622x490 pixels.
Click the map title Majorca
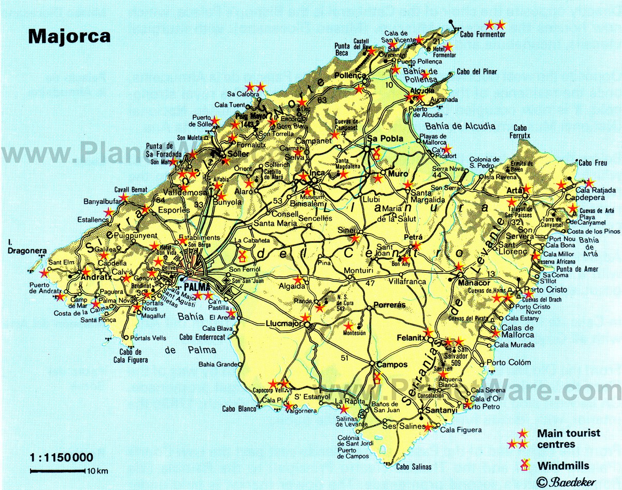pyautogui.click(x=69, y=36)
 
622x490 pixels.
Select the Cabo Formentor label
pyautogui.click(x=482, y=34)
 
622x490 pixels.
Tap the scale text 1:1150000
pyautogui.click(x=62, y=457)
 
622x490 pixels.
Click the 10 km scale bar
pyautogui.click(x=58, y=471)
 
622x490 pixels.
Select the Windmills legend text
pyautogui.click(x=563, y=465)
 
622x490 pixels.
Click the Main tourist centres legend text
pyautogui.click(x=568, y=438)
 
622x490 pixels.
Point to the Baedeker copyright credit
pyautogui.click(x=566, y=481)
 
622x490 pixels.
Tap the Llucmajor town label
pyautogui.click(x=286, y=324)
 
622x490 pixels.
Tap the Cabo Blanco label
pyautogui.click(x=239, y=409)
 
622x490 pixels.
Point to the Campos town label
pyautogui.click(x=392, y=365)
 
